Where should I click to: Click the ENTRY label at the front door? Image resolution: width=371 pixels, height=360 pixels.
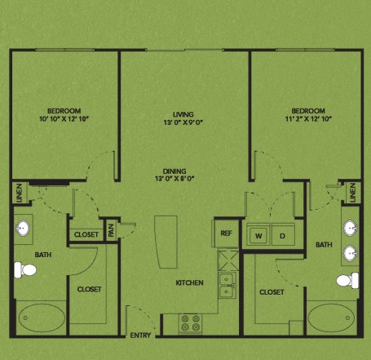140,336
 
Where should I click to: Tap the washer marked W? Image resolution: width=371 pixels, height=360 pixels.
258,234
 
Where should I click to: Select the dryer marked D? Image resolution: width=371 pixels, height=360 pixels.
283,234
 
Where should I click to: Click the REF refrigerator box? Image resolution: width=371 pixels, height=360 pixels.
226,233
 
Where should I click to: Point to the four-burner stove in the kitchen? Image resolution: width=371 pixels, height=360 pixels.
191,323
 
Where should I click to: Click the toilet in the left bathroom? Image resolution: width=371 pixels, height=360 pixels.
25,270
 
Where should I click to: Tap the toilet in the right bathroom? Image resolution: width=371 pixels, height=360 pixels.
347,280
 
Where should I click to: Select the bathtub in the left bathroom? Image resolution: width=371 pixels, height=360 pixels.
42,318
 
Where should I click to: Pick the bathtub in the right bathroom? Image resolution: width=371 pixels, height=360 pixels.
331,318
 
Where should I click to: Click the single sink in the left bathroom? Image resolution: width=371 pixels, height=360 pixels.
23,228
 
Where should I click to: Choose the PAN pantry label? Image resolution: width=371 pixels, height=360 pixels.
111,230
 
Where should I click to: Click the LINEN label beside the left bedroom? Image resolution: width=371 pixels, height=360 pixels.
19,193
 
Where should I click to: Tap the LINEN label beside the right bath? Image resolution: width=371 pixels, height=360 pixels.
353,193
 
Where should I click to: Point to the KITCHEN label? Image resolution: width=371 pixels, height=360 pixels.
189,282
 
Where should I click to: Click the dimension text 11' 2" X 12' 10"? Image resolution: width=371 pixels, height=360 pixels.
308,119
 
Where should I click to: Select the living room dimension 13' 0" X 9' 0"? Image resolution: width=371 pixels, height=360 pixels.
183,122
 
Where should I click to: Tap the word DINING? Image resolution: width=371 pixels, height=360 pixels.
174,171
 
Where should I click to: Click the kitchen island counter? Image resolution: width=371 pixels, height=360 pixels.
166,242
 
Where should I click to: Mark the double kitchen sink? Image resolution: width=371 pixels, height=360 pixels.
227,285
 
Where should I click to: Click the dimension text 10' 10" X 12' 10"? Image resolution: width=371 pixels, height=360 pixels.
64,119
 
